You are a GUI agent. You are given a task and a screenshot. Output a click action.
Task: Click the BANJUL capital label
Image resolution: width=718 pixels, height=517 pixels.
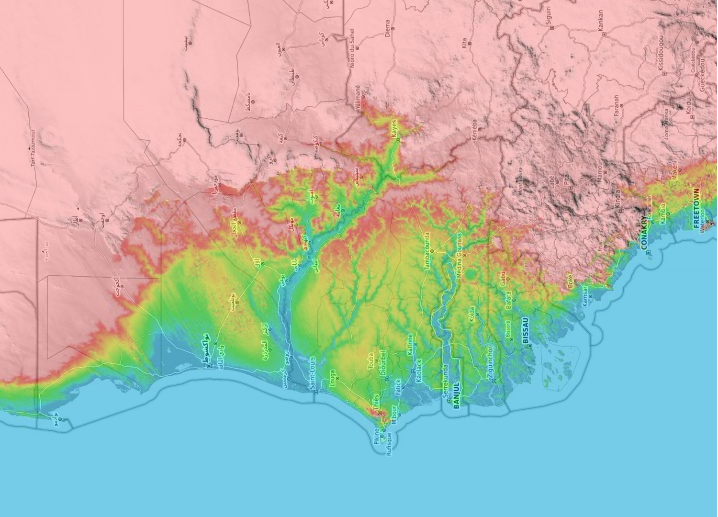tap(456, 395)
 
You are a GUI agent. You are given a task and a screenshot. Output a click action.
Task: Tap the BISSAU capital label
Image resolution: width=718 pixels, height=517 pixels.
tap(526, 330)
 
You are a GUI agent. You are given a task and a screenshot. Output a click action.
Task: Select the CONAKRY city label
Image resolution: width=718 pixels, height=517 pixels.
tap(643, 233)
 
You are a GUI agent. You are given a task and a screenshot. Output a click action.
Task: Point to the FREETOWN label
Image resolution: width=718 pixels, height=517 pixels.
tap(696, 208)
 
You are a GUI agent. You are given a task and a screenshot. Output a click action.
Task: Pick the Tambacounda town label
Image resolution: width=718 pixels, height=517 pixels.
tap(426, 251)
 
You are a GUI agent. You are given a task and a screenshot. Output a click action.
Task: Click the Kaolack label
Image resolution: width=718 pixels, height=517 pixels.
tap(419, 371)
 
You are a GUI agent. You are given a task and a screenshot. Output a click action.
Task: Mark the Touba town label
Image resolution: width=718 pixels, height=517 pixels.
tap(370, 361)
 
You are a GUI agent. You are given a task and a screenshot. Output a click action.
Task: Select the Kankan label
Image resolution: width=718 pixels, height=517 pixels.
tap(601, 21)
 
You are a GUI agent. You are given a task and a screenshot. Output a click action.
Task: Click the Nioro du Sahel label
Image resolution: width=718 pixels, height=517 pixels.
tap(352, 48)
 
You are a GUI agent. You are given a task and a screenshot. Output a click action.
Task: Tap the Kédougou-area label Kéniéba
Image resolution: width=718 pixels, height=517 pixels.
tap(474, 130)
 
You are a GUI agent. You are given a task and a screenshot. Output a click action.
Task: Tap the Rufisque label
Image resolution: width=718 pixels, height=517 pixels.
tap(389, 444)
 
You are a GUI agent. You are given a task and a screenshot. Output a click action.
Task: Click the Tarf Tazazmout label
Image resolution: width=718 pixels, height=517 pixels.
tap(33, 148)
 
